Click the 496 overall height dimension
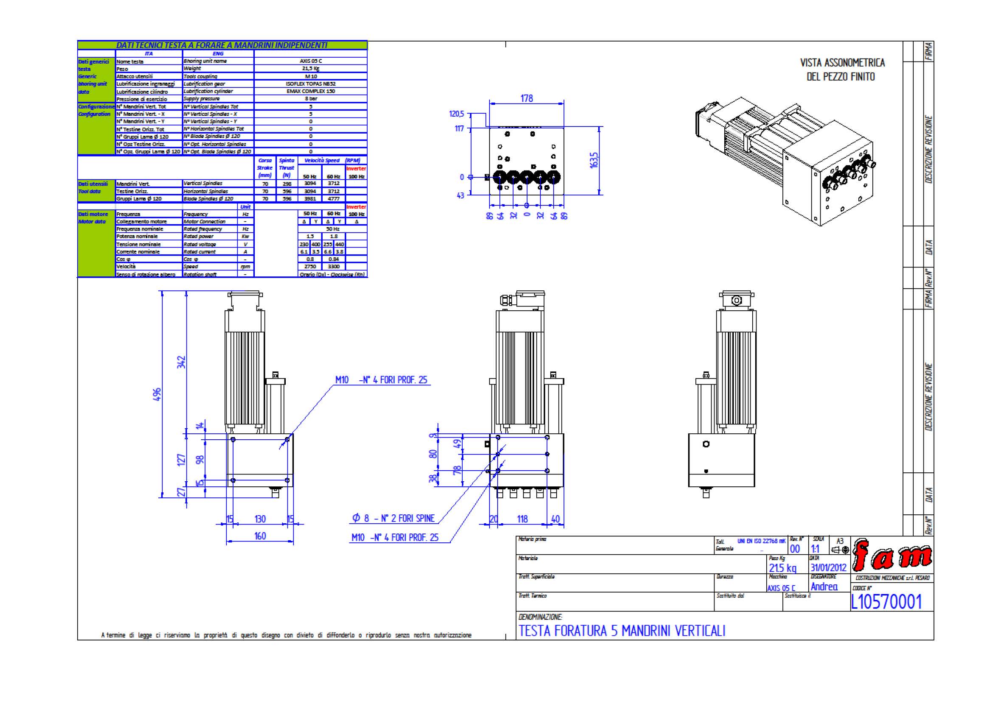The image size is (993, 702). tap(158, 394)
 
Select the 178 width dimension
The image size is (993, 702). tap(526, 98)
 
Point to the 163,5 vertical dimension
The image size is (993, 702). tap(594, 160)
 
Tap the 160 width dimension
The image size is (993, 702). tap(260, 536)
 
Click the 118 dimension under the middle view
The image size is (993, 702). tap(523, 519)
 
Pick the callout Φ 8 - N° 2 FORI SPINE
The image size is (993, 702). tap(394, 518)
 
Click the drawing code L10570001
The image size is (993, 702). tap(886, 602)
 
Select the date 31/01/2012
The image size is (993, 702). tap(828, 567)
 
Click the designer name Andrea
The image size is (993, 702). tap(824, 587)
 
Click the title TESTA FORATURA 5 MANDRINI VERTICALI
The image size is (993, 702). tap(622, 631)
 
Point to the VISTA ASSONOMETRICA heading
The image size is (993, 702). tap(842, 63)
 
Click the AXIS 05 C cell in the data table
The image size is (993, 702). tap(310, 61)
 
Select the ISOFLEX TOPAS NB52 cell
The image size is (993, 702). tap(310, 84)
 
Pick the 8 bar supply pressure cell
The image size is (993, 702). tap(310, 99)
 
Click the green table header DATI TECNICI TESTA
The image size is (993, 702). tap(222, 45)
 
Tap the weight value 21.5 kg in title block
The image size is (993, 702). tap(782, 568)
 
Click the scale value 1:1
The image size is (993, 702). tap(815, 549)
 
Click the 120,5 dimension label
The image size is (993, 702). tap(456, 114)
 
